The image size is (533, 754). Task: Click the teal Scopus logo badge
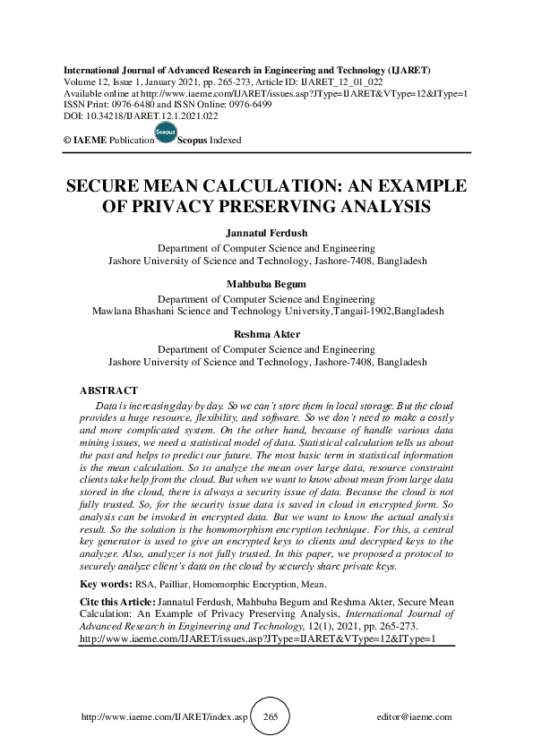166,134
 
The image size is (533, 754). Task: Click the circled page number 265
271,717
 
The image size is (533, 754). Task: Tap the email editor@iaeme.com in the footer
415,717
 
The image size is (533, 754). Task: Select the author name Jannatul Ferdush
267,234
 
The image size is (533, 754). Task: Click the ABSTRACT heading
108,391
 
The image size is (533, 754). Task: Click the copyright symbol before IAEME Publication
66,141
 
